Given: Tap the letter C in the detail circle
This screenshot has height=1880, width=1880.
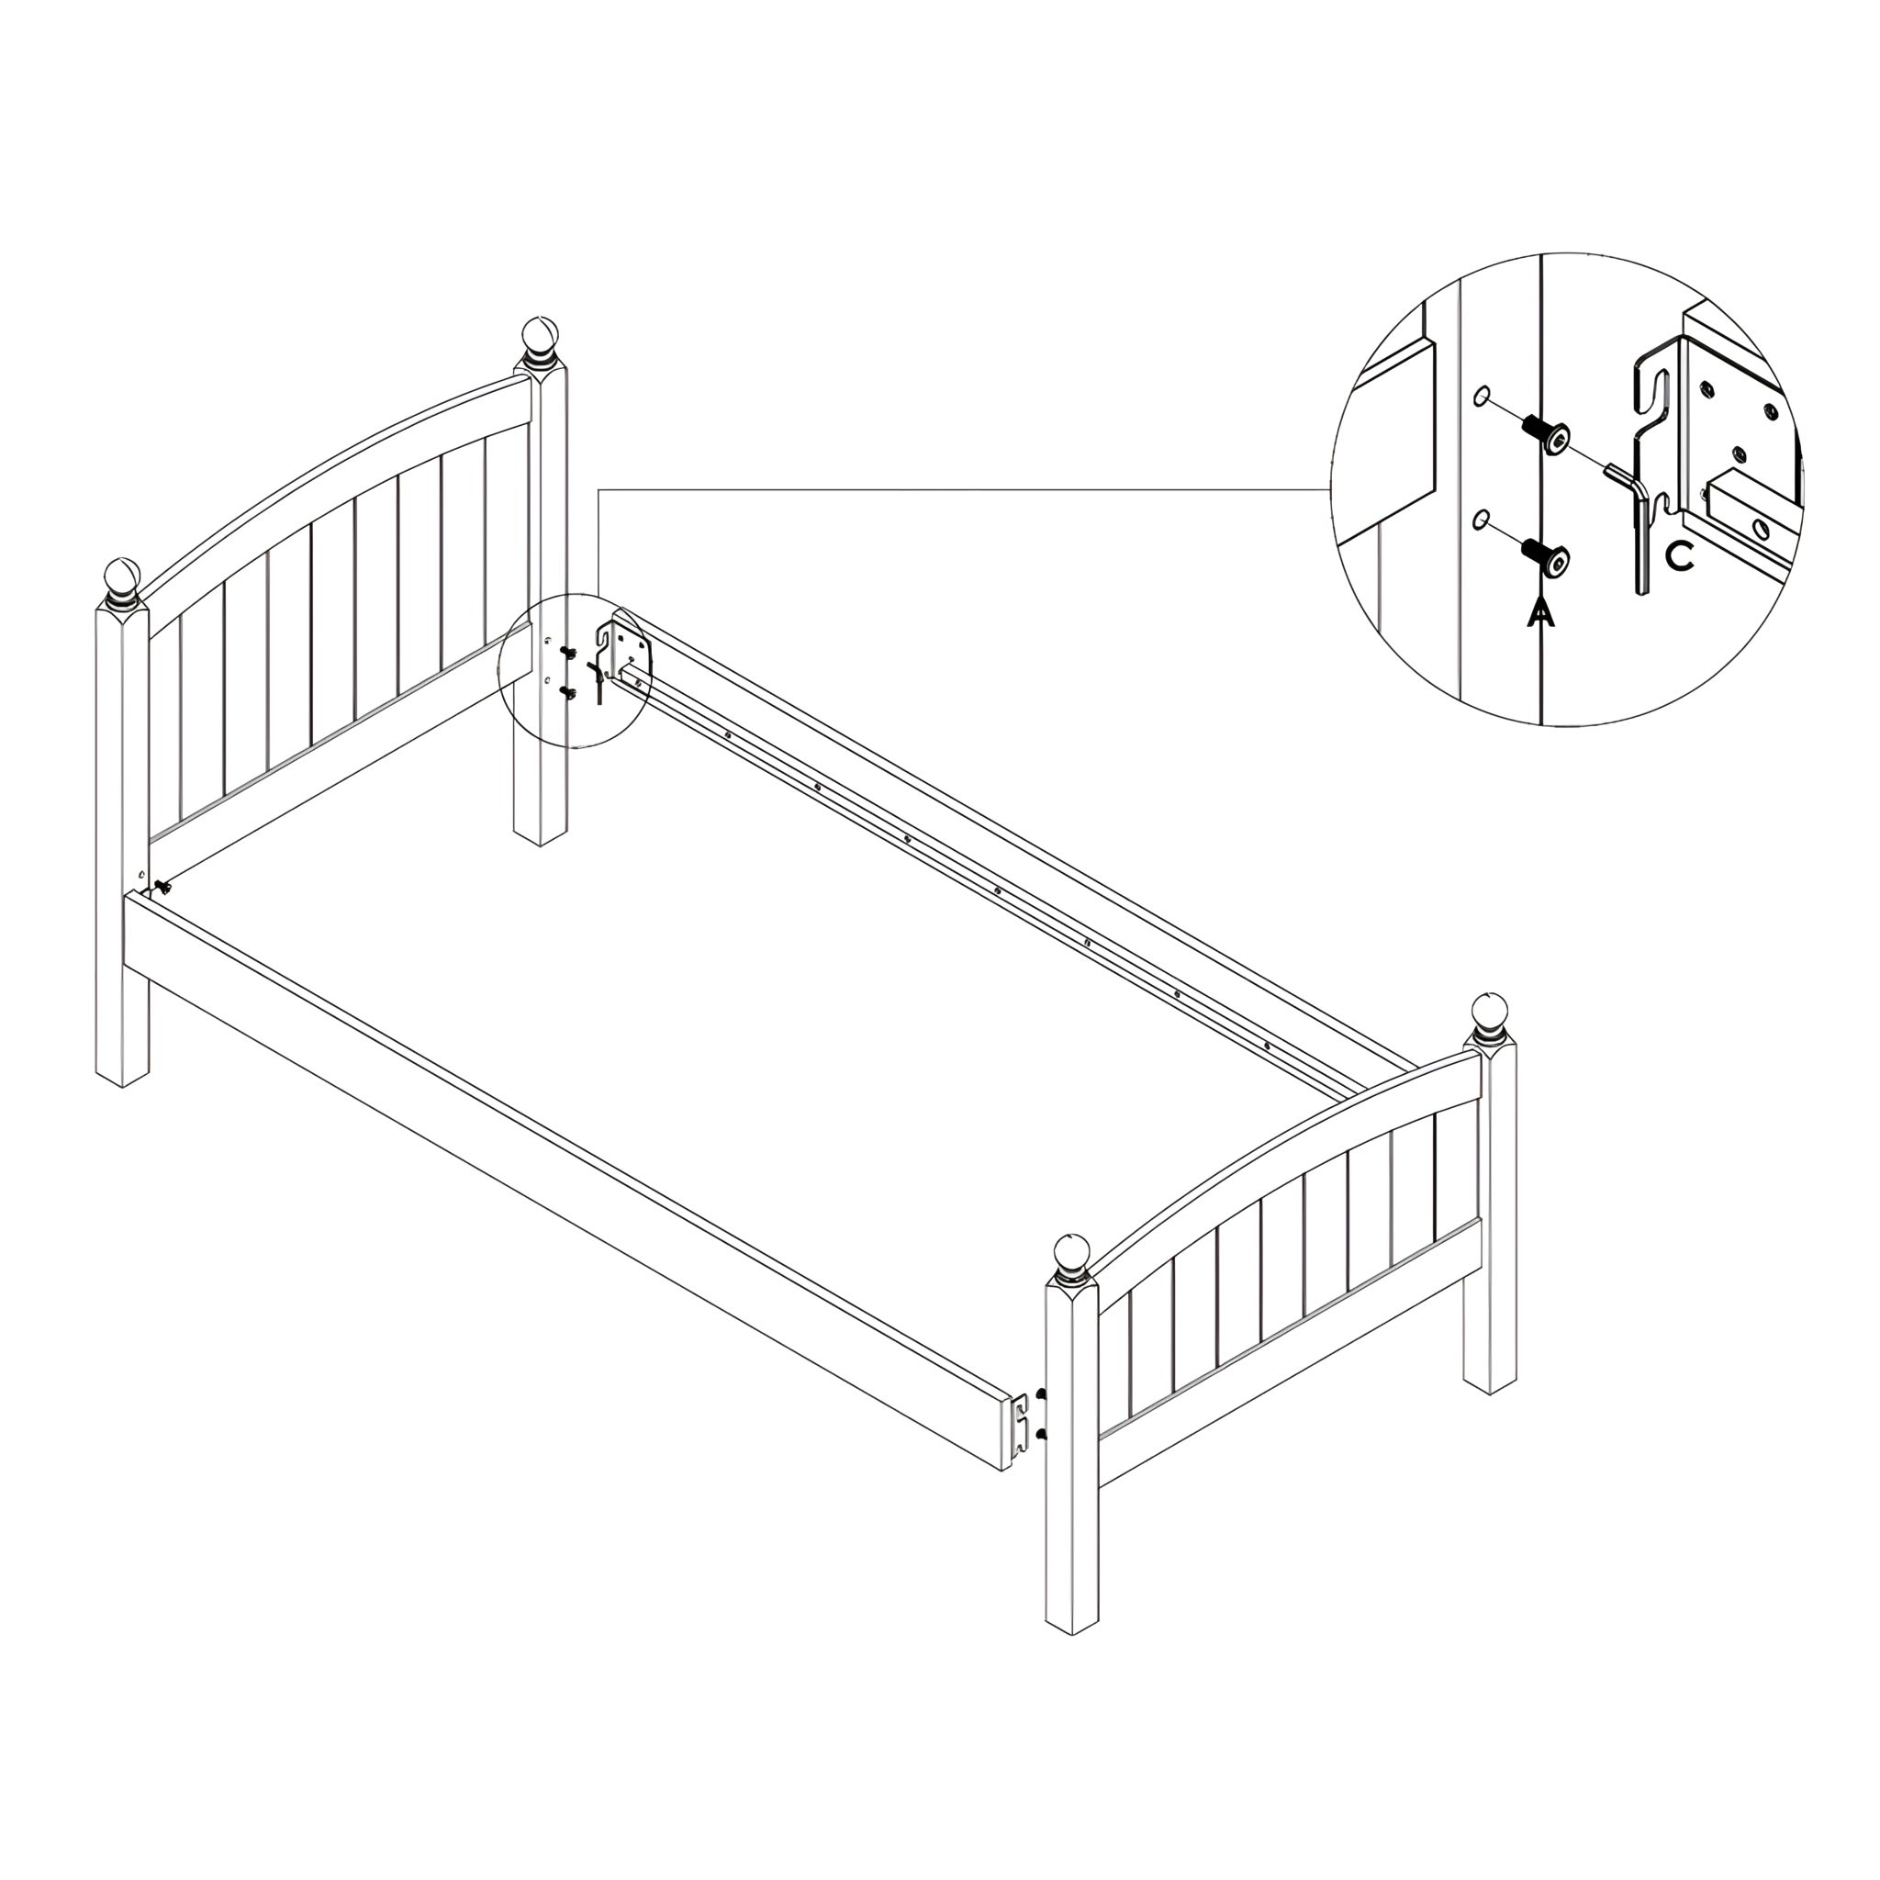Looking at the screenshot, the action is (1681, 555).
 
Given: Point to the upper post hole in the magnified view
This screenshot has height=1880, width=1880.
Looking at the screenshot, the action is (1481, 396).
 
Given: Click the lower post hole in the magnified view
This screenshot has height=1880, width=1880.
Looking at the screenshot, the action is (1481, 520).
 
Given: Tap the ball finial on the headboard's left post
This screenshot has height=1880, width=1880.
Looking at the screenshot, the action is (123, 580).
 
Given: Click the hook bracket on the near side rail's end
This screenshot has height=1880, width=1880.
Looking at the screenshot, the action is (1020, 1421).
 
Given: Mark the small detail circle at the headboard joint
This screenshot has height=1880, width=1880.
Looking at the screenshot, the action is (574, 670).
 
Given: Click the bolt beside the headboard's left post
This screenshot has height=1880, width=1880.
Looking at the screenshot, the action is (162, 887).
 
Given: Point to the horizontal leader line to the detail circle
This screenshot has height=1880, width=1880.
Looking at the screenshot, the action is (963, 488).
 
